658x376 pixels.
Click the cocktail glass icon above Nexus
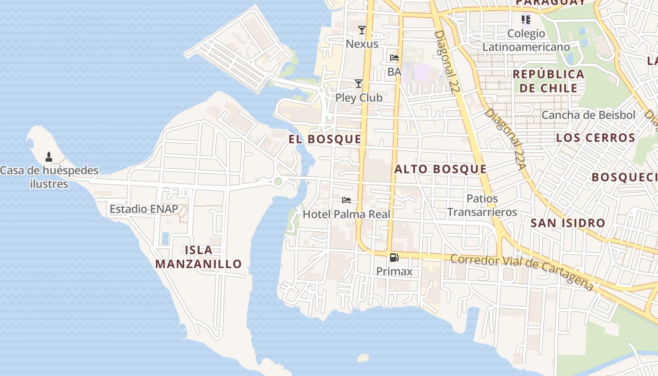pyautogui.click(x=361, y=30)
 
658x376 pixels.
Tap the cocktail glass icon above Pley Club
pyautogui.click(x=359, y=84)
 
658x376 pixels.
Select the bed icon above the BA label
pyautogui.click(x=394, y=58)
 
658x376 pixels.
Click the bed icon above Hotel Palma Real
pyautogui.click(x=346, y=200)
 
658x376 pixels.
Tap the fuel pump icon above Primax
pyautogui.click(x=394, y=257)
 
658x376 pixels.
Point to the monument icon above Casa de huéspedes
pyautogui.click(x=48, y=157)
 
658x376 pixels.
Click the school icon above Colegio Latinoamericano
pyautogui.click(x=526, y=20)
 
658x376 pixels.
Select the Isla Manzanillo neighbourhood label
pyautogui.click(x=198, y=257)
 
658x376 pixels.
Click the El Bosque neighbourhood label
pyautogui.click(x=325, y=139)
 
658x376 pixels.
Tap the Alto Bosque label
pyautogui.click(x=440, y=169)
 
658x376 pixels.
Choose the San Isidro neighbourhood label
pyautogui.click(x=568, y=223)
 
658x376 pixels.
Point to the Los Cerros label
pyautogui.click(x=595, y=138)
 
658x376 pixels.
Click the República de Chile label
pyautogui.click(x=548, y=81)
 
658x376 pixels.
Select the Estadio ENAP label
pyautogui.click(x=144, y=209)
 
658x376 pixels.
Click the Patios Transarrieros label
pyautogui.click(x=482, y=205)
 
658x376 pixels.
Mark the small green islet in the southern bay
pyautogui.click(x=363, y=358)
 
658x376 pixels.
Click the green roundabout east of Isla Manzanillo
pyautogui.click(x=278, y=181)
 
